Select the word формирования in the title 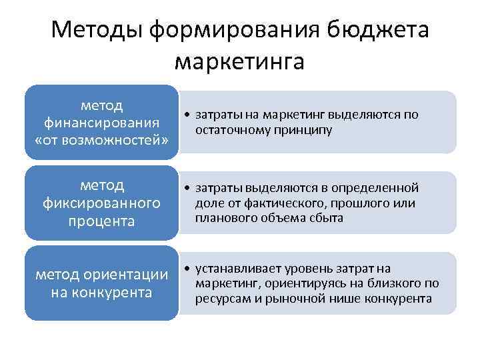(237, 30)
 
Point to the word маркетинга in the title (239, 61)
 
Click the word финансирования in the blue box (101, 123)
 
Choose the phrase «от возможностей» (101, 141)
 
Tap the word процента (101, 221)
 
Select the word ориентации (131, 275)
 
